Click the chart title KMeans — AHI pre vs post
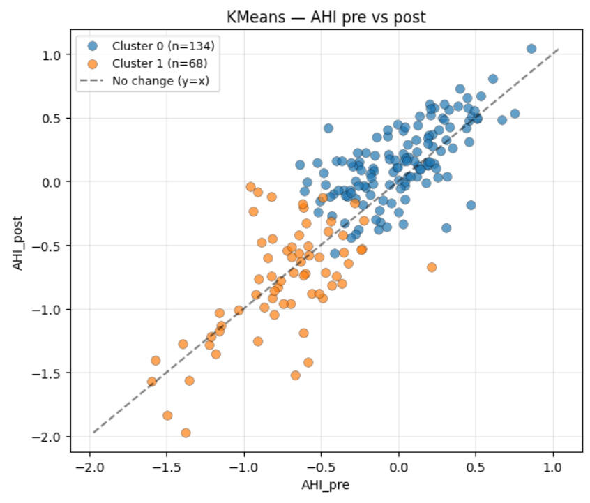tap(326, 17)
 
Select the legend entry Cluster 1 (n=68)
tap(161, 63)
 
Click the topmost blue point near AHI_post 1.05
tap(531, 49)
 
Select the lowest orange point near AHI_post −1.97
tap(186, 433)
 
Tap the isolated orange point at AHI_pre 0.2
tap(432, 267)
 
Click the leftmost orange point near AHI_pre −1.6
tap(151, 382)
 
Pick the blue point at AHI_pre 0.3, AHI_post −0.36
tap(446, 227)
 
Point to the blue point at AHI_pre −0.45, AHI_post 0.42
tap(328, 128)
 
